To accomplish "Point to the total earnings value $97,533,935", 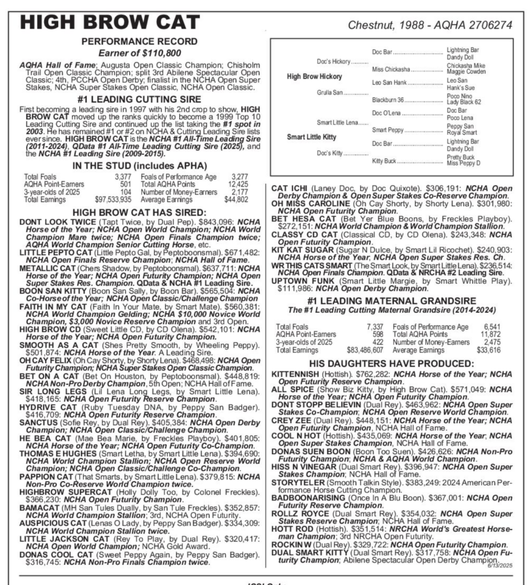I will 111,199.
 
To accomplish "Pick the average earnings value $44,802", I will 236,199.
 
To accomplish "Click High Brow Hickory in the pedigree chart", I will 314,77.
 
